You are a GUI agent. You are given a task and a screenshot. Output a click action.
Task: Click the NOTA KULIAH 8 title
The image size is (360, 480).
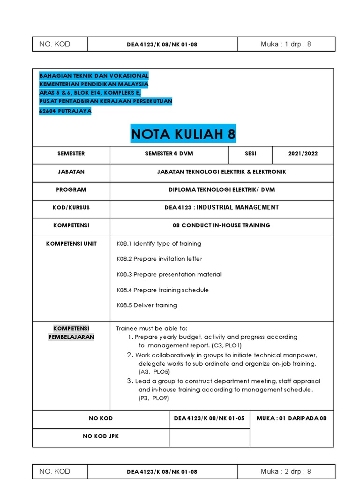(183, 134)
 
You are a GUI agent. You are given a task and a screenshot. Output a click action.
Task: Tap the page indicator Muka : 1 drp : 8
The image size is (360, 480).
(286, 45)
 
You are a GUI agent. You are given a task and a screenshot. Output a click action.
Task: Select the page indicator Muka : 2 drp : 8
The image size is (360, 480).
(286, 471)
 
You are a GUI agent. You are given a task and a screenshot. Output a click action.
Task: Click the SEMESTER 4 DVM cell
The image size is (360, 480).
(169, 154)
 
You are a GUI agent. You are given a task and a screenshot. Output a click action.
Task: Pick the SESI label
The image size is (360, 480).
(251, 154)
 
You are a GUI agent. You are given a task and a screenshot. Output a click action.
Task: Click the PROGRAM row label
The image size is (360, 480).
(71, 190)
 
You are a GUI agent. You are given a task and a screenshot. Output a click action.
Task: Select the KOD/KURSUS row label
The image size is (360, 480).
(71, 208)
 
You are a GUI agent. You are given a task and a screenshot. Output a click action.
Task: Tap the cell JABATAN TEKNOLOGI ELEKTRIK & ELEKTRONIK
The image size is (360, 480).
(221, 172)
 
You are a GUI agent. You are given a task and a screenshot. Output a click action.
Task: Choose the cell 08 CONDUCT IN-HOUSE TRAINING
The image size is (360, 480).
(221, 225)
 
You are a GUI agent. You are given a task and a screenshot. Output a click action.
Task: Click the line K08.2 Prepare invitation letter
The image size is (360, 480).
(159, 259)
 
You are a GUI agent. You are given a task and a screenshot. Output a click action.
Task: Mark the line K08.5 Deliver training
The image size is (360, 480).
(147, 305)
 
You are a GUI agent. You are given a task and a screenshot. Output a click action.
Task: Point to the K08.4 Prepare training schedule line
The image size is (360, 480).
(163, 290)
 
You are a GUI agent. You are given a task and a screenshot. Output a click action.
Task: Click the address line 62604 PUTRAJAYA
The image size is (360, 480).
(65, 111)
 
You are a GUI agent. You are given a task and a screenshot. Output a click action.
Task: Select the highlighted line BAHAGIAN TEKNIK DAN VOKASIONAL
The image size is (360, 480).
(94, 75)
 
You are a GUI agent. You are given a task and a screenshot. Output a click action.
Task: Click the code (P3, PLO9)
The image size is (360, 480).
(153, 398)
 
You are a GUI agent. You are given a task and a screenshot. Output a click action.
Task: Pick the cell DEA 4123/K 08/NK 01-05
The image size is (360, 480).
(209, 418)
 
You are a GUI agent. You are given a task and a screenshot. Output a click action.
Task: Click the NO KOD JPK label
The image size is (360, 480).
(101, 436)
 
